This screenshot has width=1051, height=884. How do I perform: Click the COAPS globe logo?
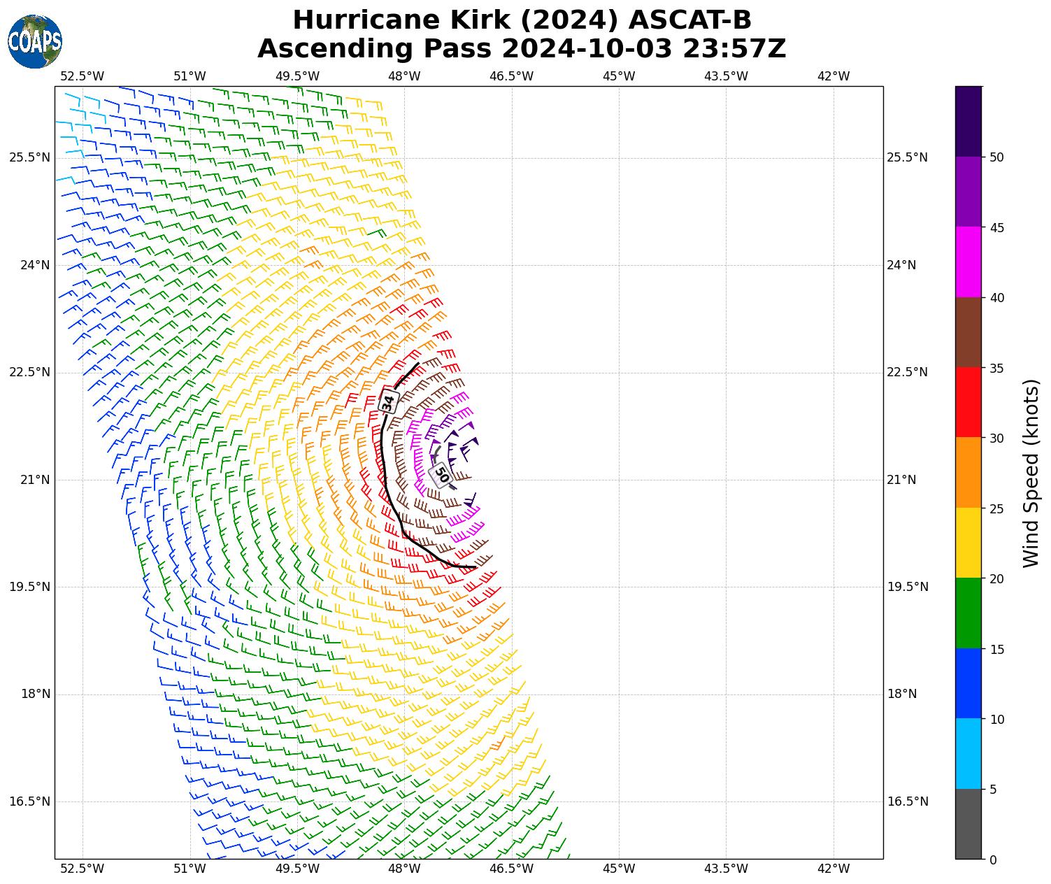(35, 42)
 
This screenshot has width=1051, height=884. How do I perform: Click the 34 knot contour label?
(389, 402)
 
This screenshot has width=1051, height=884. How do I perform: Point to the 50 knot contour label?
(441, 474)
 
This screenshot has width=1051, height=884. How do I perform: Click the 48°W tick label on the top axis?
(404, 76)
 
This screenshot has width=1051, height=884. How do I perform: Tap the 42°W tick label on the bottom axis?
(834, 869)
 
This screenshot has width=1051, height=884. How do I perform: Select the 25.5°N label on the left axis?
(29, 157)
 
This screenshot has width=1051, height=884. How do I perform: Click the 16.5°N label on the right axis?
(908, 801)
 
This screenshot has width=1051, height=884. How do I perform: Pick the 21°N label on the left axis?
(34, 480)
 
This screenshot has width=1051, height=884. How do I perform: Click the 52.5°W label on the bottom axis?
(83, 869)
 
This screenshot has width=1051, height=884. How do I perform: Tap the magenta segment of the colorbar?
(968, 262)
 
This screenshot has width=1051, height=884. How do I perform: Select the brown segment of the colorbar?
(968, 332)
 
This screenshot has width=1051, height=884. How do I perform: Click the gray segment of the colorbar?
(968, 824)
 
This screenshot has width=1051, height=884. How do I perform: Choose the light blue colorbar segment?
(968, 754)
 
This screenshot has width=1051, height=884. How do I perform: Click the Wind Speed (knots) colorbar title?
(1031, 473)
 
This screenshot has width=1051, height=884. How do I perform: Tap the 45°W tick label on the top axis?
(619, 76)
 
